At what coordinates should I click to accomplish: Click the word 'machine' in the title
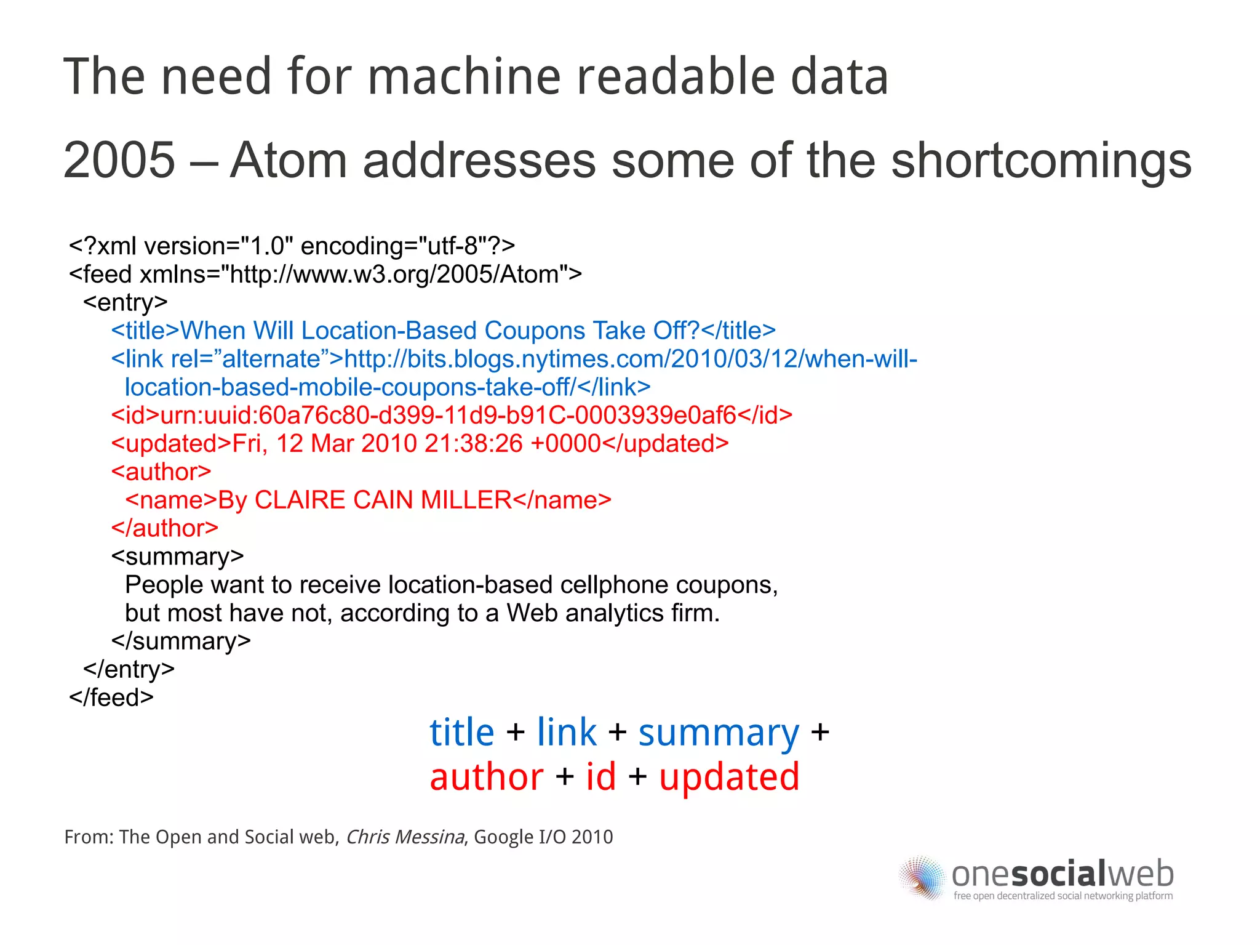point(464,76)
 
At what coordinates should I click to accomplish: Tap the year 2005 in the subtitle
point(119,160)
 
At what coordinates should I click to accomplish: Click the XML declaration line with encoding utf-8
point(292,246)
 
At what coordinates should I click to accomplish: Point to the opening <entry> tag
point(126,302)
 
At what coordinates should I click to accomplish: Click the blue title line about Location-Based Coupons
point(443,331)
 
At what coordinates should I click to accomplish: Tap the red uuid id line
point(452,416)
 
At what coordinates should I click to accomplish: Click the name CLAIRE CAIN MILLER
point(383,500)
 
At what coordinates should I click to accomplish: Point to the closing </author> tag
point(165,528)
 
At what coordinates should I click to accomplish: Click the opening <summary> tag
point(177,557)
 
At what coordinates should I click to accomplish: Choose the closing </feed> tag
point(111,698)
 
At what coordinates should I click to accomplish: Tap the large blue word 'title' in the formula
point(461,733)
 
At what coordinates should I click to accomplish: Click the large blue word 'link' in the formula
point(567,733)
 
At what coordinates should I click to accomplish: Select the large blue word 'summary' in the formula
point(719,734)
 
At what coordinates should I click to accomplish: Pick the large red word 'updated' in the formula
point(729,778)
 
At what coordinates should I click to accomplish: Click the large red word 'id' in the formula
point(600,777)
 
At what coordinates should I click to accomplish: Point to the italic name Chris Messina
point(405,837)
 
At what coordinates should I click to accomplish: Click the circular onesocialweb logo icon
point(921,877)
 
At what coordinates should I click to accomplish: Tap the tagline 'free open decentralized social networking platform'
point(1063,896)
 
